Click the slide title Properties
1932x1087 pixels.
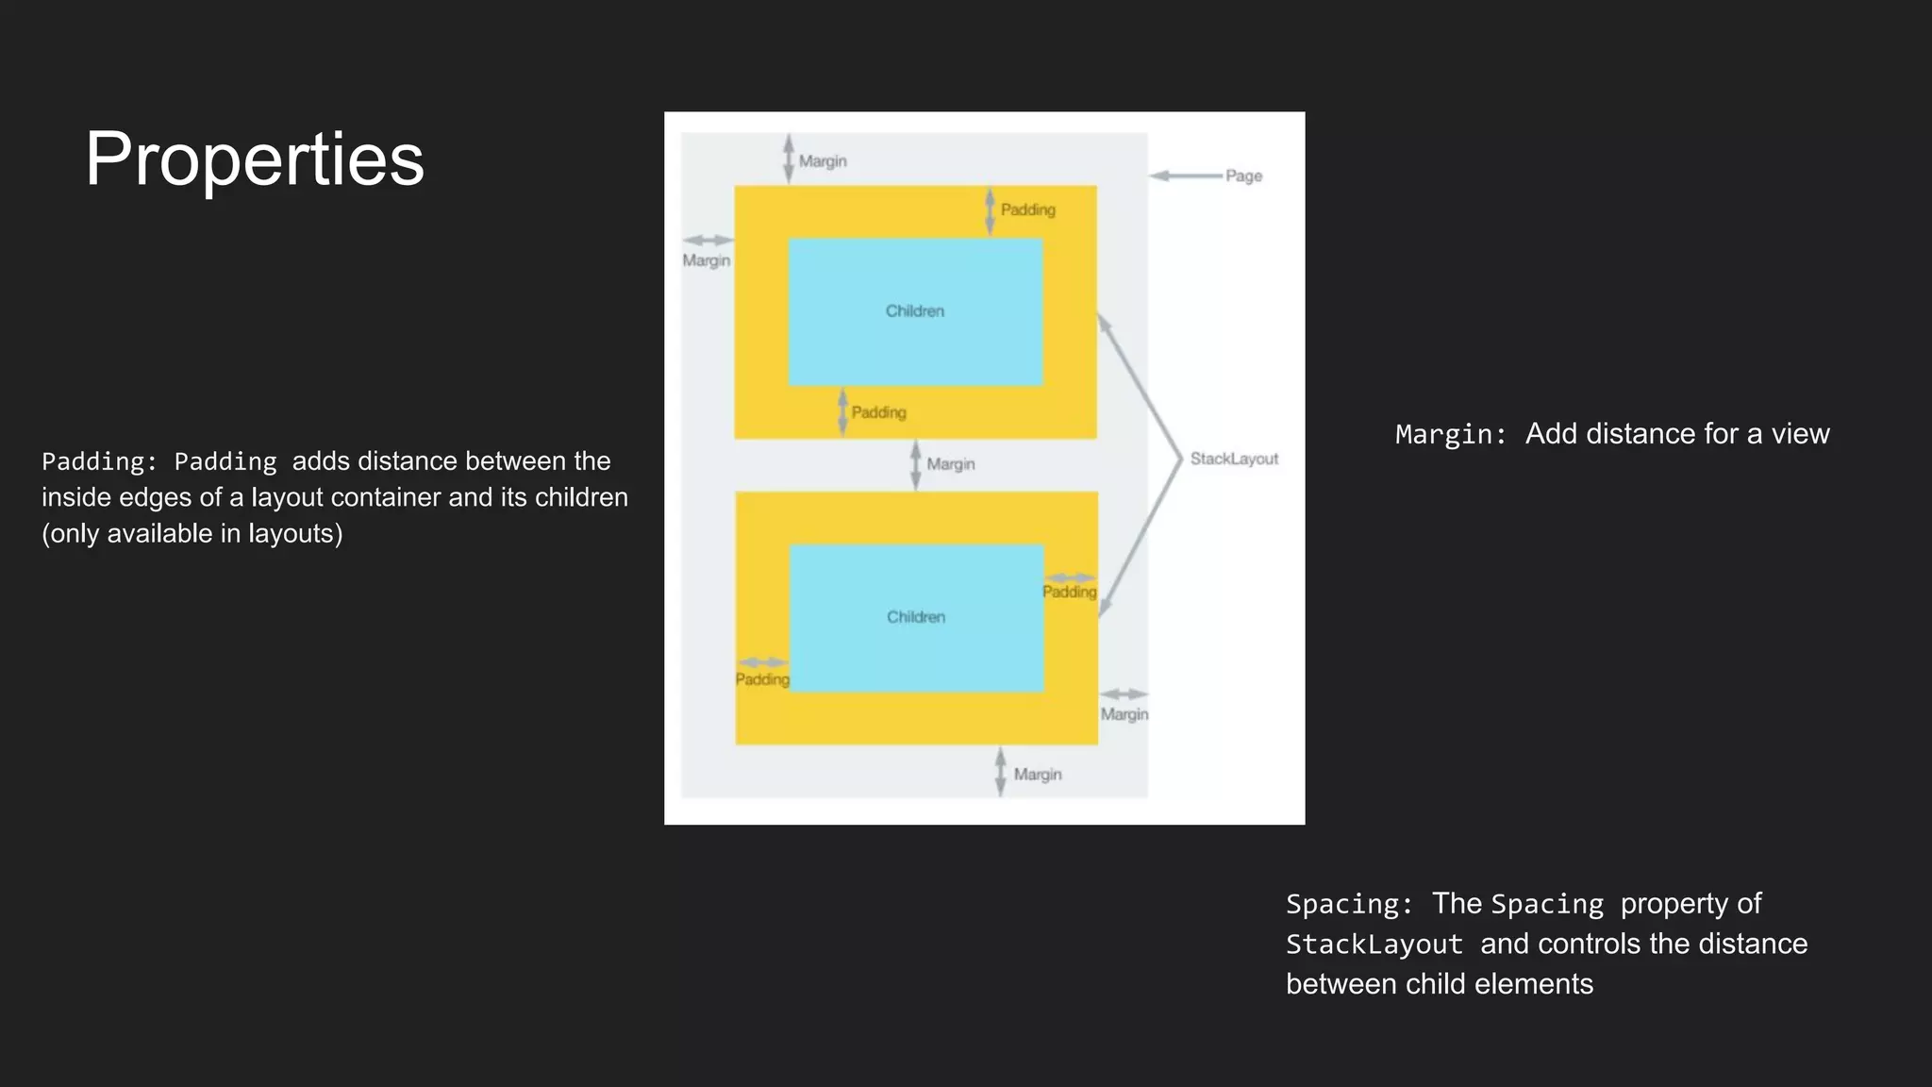(x=255, y=159)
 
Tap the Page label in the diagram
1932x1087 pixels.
(x=1243, y=176)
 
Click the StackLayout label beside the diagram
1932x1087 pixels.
(x=1234, y=459)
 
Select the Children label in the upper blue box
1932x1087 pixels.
(x=914, y=311)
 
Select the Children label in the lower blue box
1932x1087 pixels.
(x=915, y=617)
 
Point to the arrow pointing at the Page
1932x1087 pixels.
(x=1186, y=176)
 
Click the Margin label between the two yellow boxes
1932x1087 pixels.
(x=950, y=464)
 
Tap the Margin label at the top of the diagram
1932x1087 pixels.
(x=823, y=161)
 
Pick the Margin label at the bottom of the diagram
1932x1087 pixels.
(x=1037, y=775)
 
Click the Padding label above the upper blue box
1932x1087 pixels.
(x=1027, y=209)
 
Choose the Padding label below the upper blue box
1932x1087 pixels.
(x=878, y=412)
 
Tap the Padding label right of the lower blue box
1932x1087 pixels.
(x=1069, y=592)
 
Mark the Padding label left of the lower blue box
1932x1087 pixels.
(x=762, y=679)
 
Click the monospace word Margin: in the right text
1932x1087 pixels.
(x=1451, y=434)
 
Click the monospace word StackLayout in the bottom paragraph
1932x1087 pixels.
(x=1374, y=945)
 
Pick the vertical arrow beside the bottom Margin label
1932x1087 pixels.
(x=1000, y=772)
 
